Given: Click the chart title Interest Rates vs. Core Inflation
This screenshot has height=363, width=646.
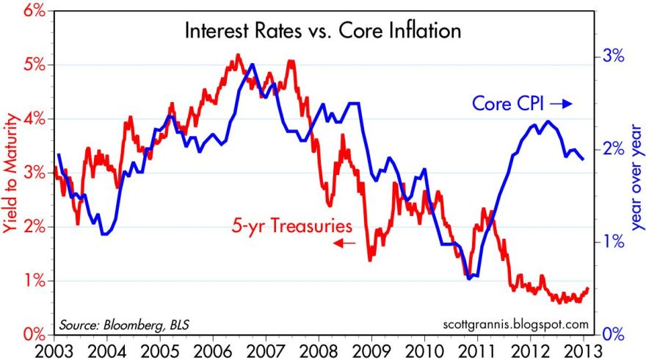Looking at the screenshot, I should pyautogui.click(x=324, y=32).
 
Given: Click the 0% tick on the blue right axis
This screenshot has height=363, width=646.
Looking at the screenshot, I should pyautogui.click(x=614, y=334).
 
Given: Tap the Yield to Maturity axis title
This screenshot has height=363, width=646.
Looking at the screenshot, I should pyautogui.click(x=10, y=173).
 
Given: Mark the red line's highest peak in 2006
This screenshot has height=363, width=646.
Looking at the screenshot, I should pyautogui.click(x=238, y=55).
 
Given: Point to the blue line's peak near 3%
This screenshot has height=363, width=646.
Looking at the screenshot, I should pyautogui.click(x=253, y=65).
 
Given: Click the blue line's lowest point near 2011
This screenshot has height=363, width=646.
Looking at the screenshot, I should pyautogui.click(x=473, y=276).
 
